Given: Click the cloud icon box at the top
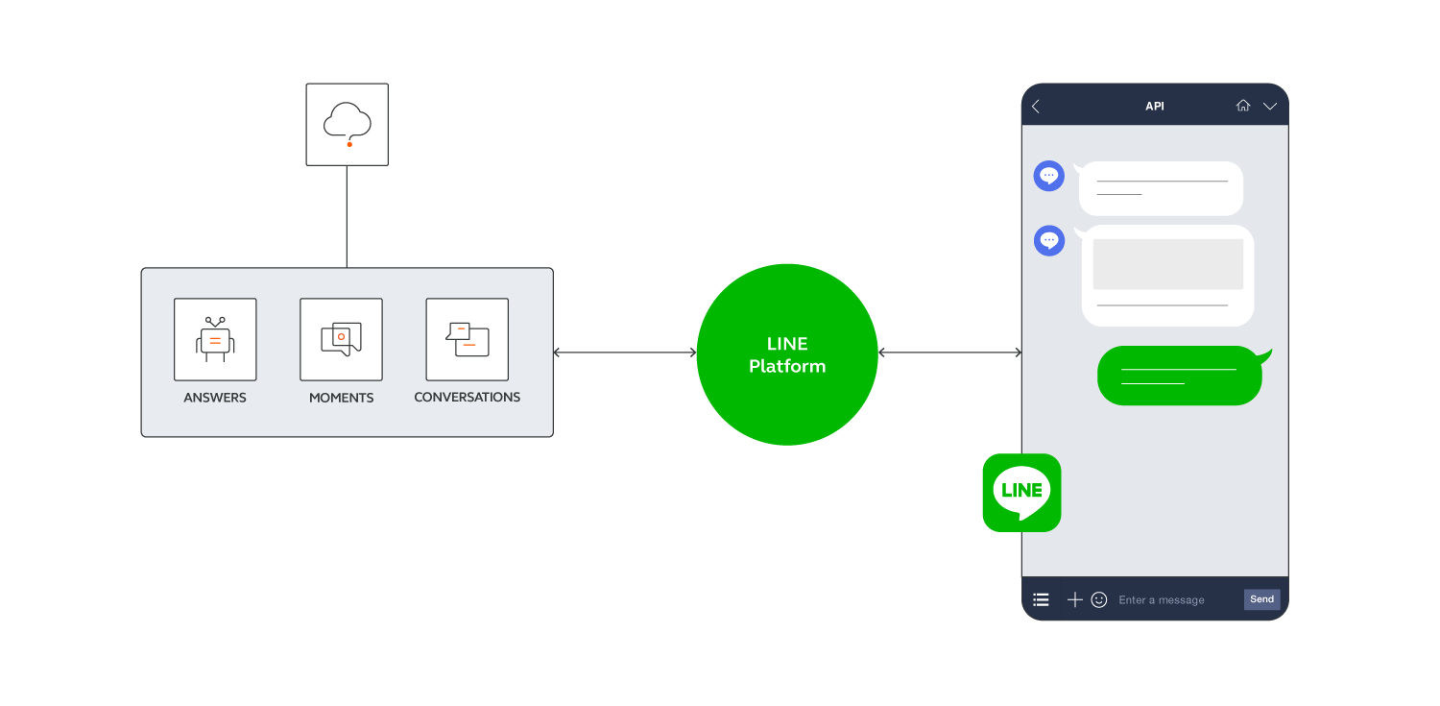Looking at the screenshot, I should (348, 125).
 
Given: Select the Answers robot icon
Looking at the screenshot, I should (215, 339).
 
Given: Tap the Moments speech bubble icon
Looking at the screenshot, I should (341, 339).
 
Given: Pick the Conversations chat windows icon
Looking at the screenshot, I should (468, 339).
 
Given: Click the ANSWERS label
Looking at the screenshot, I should (215, 398).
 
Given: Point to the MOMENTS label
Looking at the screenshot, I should (341, 398).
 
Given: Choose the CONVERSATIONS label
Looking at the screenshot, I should (468, 398).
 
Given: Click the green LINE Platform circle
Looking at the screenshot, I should (787, 354).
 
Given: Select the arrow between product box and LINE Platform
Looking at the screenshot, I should (625, 353).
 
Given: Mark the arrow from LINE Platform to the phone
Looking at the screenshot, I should (949, 353).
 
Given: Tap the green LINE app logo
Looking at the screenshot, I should (1021, 493).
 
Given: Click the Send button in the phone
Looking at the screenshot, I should (1261, 599).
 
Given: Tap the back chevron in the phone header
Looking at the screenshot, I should (1036, 107).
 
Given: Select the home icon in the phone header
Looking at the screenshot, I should (1243, 107).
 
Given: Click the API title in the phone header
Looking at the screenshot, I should (1155, 107).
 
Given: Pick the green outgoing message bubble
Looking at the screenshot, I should (1180, 376).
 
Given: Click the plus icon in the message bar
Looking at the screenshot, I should (1075, 599).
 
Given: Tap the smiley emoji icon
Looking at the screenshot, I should (1099, 599).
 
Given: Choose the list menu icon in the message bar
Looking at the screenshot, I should (1041, 599).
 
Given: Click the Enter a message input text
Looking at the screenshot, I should (1162, 600).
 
